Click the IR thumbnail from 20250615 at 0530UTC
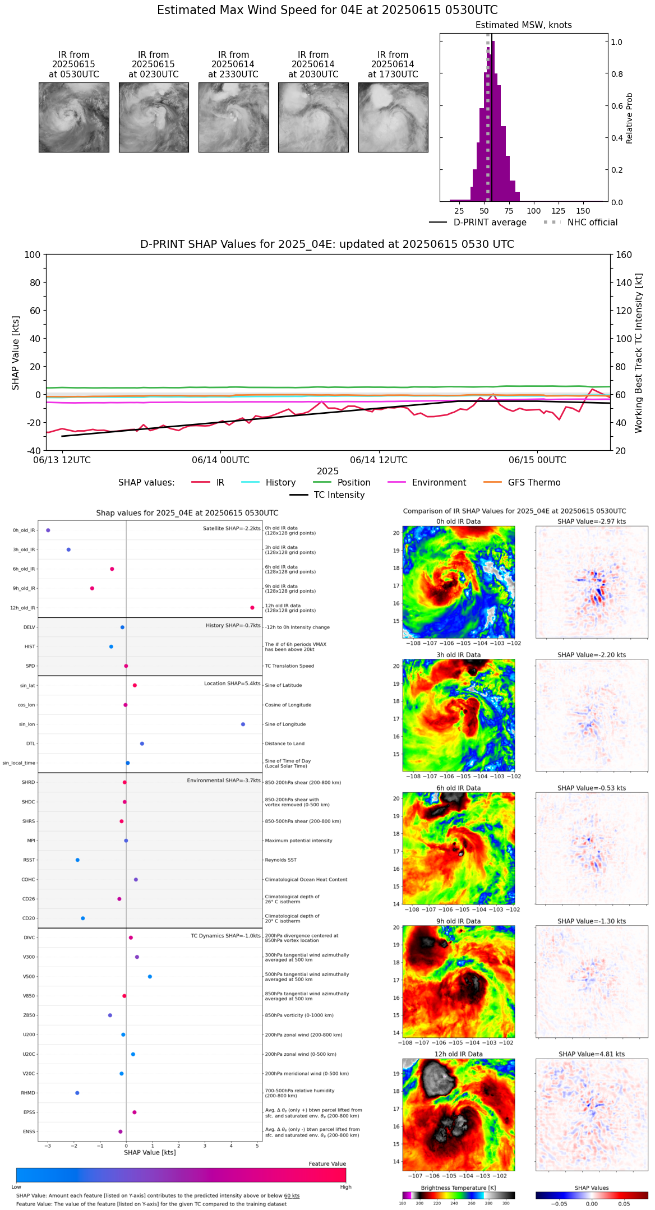tap(73, 117)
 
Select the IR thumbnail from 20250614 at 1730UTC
tap(393, 117)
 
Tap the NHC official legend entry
tap(592, 223)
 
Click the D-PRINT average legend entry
tap(490, 223)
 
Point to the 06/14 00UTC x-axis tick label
tap(220, 460)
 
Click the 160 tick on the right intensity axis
tap(624, 255)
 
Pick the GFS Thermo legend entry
tap(534, 483)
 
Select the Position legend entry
tap(353, 483)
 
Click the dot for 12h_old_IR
tap(252, 608)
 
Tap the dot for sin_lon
tap(243, 724)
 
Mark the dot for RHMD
tap(77, 1093)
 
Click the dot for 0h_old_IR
tap(48, 530)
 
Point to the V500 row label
tap(29, 977)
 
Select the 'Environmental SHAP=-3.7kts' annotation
tap(224, 781)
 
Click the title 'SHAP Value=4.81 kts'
tap(591, 1054)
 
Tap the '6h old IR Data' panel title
tap(458, 788)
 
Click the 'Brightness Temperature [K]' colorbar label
tap(458, 1188)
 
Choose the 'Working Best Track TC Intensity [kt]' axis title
tap(639, 353)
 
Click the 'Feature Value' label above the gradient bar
tap(327, 1164)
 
